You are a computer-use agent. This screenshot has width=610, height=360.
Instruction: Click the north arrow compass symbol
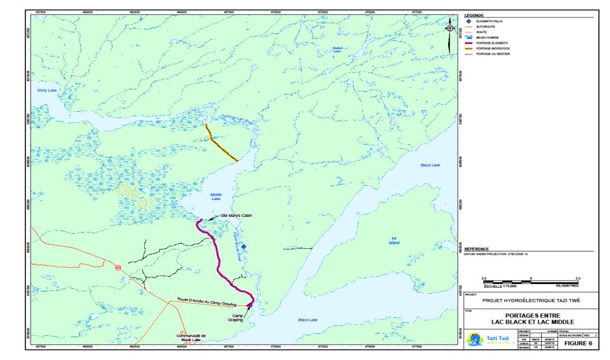coord(450,29)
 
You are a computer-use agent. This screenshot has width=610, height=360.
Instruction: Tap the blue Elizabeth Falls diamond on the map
coord(243,247)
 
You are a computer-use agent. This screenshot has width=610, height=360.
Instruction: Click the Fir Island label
coord(394,241)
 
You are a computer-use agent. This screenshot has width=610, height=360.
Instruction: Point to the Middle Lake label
coord(217,196)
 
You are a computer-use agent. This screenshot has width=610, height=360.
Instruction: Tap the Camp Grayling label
coord(235,318)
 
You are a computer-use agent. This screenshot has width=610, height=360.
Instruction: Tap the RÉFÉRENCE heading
coord(476,249)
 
